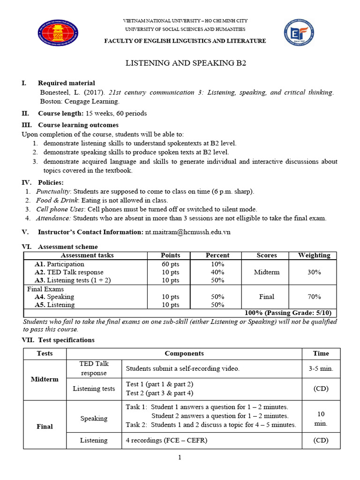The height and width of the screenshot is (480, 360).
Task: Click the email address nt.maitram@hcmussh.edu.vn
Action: point(187,232)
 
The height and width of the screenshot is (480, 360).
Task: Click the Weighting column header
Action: point(314,255)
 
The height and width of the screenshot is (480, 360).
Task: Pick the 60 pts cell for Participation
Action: point(171,264)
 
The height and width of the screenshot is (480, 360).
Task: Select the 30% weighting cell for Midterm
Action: point(314,272)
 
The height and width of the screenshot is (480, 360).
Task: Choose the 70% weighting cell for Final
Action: point(314,297)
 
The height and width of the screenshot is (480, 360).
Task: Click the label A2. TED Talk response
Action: point(69,272)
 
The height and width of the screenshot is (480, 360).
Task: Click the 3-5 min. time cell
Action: point(321,368)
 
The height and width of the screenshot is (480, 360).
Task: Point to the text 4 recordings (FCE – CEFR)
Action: point(166,441)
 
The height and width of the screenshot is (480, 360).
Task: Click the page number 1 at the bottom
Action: point(180,458)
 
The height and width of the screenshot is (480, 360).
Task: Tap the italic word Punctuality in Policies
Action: point(53,191)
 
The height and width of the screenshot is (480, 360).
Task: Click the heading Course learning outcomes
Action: point(78,125)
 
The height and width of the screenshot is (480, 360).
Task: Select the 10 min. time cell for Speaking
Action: point(321,419)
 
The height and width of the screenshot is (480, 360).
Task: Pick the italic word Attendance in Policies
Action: point(53,218)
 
